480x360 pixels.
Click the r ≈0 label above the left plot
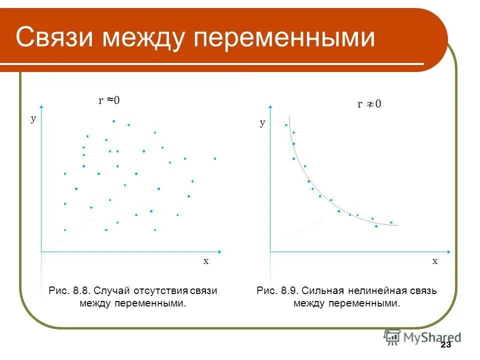[x=109, y=100]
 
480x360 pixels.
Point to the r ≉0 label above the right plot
[x=369, y=104]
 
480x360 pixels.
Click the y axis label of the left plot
[x=33, y=119]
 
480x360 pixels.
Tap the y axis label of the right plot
[x=262, y=122]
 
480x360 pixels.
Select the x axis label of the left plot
[x=205, y=261]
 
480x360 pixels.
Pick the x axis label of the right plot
[x=434, y=261]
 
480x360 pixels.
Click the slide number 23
[x=446, y=345]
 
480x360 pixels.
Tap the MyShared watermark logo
[x=422, y=337]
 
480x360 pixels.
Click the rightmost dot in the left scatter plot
[x=215, y=158]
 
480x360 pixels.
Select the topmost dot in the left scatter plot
[x=113, y=121]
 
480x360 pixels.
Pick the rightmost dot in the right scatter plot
[x=391, y=222]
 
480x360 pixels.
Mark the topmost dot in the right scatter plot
[x=286, y=124]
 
